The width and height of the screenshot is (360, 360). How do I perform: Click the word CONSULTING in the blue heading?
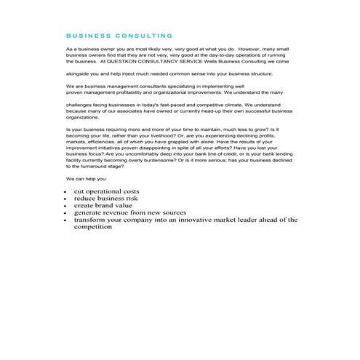[145, 35]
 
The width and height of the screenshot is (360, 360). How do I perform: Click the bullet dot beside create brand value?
[65, 206]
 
